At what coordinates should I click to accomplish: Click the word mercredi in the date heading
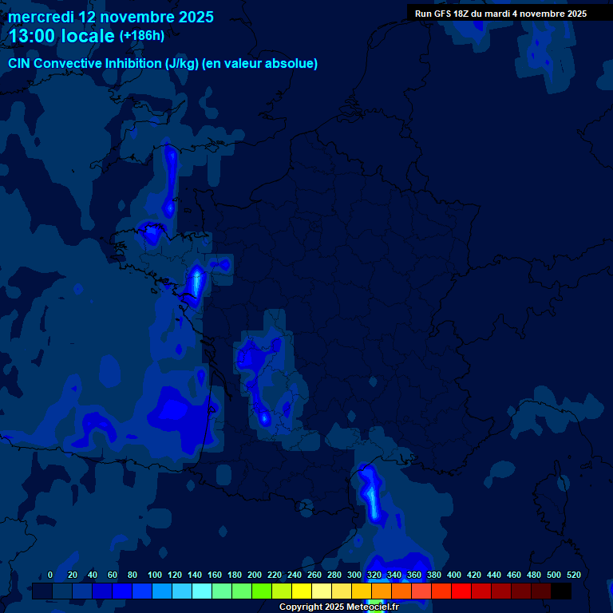click(40, 16)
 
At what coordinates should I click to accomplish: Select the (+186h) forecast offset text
click(142, 35)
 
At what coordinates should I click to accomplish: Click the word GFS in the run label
click(445, 14)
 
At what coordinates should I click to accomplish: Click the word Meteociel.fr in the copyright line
click(373, 607)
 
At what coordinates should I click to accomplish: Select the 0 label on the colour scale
click(50, 575)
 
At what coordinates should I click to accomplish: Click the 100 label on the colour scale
click(155, 575)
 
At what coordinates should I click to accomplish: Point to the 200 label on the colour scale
click(255, 575)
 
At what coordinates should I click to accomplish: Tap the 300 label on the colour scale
click(354, 575)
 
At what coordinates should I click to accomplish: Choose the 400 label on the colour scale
click(454, 575)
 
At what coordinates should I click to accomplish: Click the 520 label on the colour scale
click(573, 575)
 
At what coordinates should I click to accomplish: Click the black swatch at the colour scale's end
click(561, 591)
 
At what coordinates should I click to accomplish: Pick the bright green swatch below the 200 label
click(261, 591)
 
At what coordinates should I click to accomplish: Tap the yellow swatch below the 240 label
click(301, 591)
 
